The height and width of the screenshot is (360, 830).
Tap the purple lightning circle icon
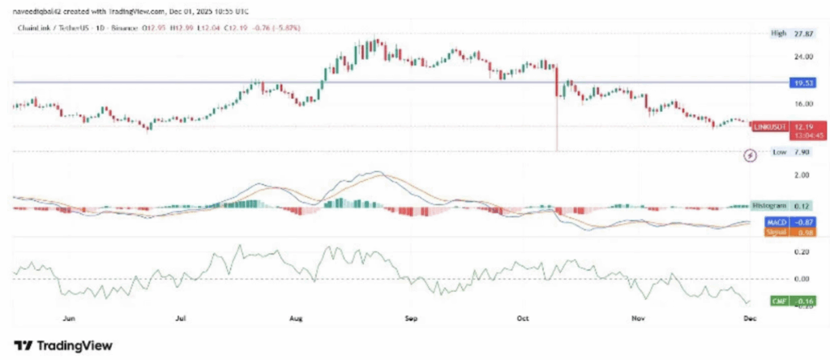pyautogui.click(x=751, y=154)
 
